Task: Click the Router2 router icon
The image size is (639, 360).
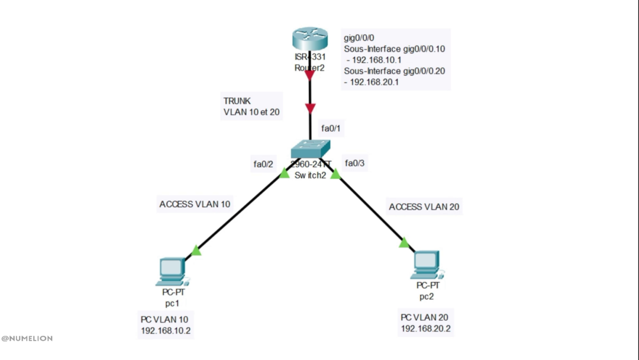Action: tap(309, 40)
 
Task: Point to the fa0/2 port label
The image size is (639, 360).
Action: tap(263, 164)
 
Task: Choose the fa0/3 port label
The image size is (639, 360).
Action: tap(355, 163)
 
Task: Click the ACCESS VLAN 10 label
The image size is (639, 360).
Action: tap(195, 204)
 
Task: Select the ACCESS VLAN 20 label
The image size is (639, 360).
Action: tap(424, 207)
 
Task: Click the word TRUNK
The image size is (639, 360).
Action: tap(237, 101)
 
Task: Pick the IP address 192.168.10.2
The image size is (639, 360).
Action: tap(166, 330)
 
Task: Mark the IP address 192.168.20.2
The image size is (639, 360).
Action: tap(426, 329)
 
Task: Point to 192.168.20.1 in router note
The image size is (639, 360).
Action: tap(374, 82)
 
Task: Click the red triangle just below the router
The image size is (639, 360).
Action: tap(309, 75)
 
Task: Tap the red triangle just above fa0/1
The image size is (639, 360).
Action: tap(310, 108)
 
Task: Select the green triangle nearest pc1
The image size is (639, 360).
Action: tap(196, 251)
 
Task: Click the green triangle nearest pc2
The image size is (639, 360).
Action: tap(404, 243)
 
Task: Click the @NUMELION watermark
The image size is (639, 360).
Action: tap(27, 339)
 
